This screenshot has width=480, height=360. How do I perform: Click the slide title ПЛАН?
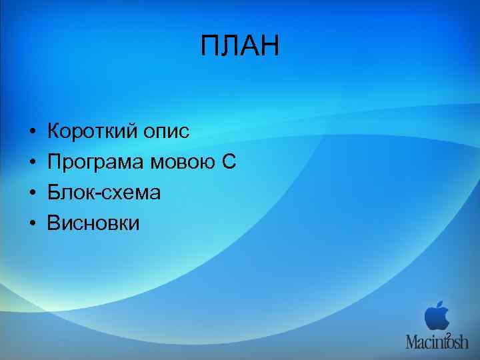(x=240, y=47)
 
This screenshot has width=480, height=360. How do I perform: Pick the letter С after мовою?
(x=229, y=161)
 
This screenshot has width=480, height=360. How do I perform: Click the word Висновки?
(x=93, y=223)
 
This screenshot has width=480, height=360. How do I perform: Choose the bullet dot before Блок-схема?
(x=31, y=193)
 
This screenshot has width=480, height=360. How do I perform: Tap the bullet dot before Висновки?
(x=31, y=223)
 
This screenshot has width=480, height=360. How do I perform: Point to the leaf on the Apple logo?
(x=440, y=303)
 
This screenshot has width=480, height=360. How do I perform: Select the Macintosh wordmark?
(x=437, y=341)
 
